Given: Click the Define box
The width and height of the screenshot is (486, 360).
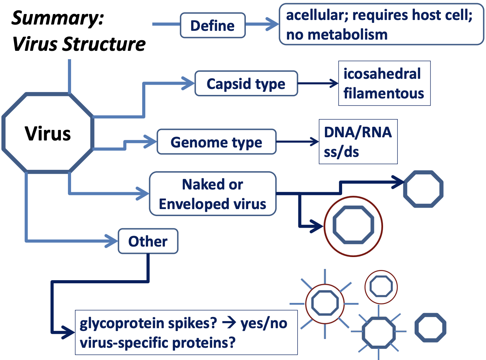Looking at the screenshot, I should [213, 26].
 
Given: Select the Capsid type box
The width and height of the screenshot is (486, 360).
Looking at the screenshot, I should [246, 84].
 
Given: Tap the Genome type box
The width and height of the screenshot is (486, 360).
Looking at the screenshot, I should [216, 142].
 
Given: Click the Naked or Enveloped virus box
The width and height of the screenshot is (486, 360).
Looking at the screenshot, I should [213, 194].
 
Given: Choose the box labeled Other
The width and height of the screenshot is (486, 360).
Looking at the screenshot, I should [148, 241].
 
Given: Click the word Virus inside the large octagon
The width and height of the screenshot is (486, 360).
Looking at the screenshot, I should [48, 133].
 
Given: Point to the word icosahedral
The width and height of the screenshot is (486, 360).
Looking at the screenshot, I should [382, 74].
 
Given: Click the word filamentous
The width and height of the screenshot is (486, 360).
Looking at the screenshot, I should [383, 94].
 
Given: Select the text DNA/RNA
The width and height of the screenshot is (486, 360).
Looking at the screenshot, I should [357, 132].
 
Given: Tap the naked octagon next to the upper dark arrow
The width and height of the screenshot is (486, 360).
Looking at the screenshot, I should [423, 189].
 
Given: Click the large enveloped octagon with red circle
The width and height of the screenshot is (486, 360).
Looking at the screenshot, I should [353, 226].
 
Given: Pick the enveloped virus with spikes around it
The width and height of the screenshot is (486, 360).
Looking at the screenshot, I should [325, 303].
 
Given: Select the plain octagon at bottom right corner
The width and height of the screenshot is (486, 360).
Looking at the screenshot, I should [430, 328].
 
